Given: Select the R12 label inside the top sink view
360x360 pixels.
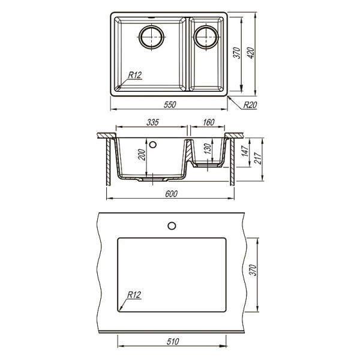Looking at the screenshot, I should [134, 75].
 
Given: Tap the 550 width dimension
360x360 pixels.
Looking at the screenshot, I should [170, 105].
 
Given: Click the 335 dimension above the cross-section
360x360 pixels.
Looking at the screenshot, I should [152, 122].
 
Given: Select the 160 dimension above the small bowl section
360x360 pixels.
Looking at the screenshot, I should [208, 122].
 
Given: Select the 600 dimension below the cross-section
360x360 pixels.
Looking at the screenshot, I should [171, 194].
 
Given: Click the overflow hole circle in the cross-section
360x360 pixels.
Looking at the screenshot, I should [152, 144].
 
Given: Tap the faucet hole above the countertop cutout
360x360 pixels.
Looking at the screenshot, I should [172, 226].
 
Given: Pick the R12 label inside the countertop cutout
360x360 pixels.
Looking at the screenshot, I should [134, 295].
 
